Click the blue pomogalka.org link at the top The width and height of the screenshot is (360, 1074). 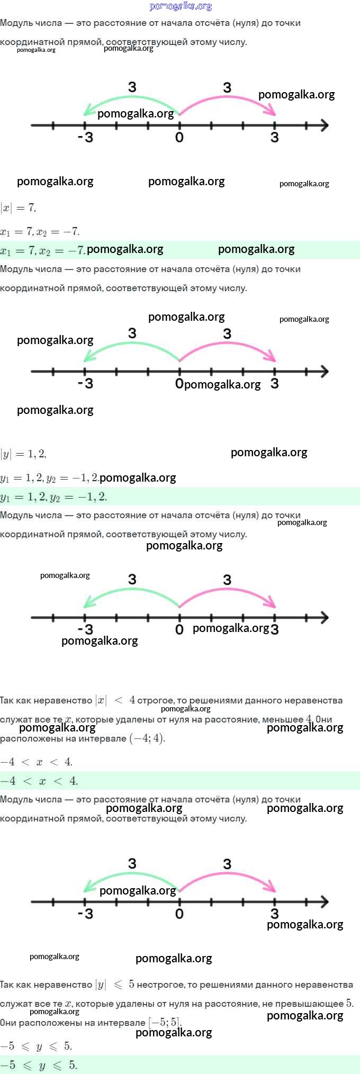(181, 6)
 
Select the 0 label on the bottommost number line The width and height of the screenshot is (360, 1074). (179, 914)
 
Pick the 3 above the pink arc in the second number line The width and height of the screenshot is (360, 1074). (227, 333)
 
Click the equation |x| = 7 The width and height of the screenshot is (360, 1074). (18, 208)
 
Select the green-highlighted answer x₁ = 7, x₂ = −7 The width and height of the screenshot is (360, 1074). (42, 250)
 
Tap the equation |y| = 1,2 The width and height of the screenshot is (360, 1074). (23, 454)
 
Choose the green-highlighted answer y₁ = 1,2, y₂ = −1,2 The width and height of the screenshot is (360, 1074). (53, 497)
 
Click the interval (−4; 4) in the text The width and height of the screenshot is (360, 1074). (147, 738)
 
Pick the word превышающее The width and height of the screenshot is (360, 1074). (312, 1004)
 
